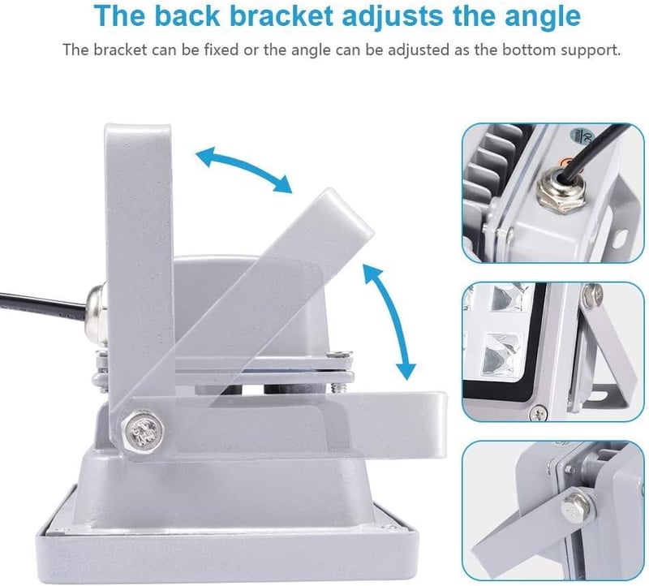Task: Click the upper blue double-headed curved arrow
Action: tap(244, 168)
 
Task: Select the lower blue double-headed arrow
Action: tap(390, 321)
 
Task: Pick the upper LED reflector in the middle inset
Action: tap(509, 297)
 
